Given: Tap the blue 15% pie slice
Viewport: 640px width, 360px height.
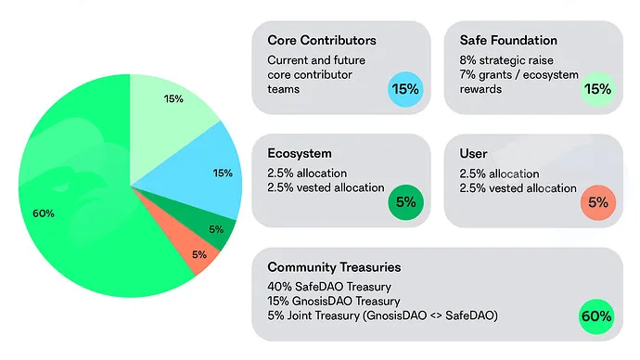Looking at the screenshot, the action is (204, 174).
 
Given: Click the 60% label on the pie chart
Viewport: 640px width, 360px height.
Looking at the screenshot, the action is (44, 213).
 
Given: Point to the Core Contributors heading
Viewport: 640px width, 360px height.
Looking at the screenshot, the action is (322, 40).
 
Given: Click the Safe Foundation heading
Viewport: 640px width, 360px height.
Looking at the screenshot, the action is (508, 40).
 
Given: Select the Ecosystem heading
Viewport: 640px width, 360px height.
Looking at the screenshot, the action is (300, 153).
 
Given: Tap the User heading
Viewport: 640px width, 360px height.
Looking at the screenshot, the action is (473, 153).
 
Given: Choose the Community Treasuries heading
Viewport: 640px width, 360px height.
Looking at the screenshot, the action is (334, 267).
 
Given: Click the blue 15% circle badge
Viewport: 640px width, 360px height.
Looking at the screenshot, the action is (405, 89).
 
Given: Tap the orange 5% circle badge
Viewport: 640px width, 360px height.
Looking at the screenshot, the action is (598, 202).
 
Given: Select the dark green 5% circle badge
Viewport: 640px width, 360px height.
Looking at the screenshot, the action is (405, 202).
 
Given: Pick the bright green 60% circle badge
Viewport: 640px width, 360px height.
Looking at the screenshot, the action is (596, 316).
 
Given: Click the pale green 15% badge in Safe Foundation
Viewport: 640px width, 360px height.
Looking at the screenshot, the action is (598, 89).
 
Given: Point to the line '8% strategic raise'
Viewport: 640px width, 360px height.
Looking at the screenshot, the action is (506, 60).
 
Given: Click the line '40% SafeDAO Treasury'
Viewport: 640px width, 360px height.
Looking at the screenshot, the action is (329, 287).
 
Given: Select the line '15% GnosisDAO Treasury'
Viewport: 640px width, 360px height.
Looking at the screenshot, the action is (334, 301).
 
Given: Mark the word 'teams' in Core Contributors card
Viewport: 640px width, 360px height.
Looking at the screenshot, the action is (283, 89).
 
